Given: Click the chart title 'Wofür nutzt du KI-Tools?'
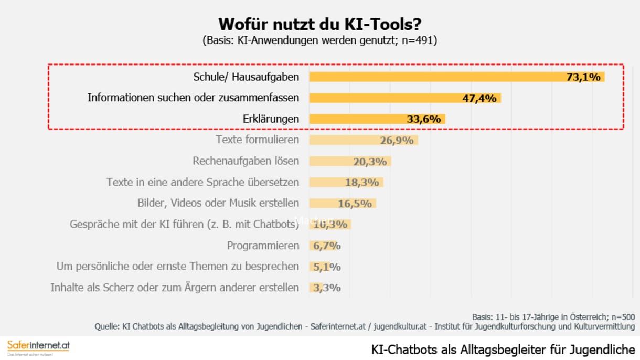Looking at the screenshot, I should click(319, 24).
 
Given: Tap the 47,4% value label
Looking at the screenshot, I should click(479, 98).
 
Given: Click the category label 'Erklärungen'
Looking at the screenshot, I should click(271, 119).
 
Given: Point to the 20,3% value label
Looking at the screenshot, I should click(370, 162).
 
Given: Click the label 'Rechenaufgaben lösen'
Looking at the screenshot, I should click(246, 161).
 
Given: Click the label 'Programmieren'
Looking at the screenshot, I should click(263, 246).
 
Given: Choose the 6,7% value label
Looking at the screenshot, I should click(326, 246).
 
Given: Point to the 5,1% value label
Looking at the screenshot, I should click(326, 267).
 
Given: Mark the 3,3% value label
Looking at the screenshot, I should click(326, 288).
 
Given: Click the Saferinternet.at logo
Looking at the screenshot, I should click(38, 347).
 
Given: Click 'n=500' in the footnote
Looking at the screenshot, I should click(620, 316).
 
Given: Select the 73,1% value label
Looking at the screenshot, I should click(583, 77).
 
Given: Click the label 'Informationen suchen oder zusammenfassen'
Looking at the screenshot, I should click(193, 98).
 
